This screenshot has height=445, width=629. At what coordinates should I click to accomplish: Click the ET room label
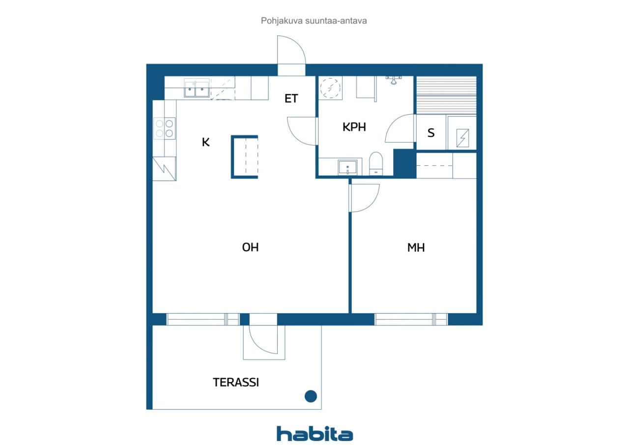[291, 99]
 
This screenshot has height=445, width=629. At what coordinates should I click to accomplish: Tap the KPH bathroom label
[354, 127]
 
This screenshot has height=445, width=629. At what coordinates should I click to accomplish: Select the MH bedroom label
[416, 248]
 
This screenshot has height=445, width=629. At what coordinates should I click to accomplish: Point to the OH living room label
[250, 247]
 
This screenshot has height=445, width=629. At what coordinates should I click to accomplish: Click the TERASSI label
[236, 383]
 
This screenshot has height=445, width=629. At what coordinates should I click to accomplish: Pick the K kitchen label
[205, 142]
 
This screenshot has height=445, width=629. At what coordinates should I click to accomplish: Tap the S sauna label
[431, 133]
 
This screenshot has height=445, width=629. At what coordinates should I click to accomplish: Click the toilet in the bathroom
[376, 164]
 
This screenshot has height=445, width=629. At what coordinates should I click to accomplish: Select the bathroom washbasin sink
[347, 168]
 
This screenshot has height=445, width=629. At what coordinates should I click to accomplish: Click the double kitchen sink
[197, 88]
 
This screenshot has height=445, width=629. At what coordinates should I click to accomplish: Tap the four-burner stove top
[165, 128]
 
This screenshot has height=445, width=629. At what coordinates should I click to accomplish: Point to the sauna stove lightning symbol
[462, 138]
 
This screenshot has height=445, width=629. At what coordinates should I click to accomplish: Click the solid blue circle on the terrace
[311, 396]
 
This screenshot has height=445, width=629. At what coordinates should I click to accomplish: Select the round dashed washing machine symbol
[331, 88]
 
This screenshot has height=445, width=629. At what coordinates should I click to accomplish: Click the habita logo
[314, 434]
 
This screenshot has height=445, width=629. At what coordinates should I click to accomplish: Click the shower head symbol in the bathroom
[394, 80]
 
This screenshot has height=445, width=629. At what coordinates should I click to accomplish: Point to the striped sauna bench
[446, 95]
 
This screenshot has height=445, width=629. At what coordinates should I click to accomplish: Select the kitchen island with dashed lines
[245, 157]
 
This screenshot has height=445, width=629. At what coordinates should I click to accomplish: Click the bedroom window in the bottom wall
[411, 320]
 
